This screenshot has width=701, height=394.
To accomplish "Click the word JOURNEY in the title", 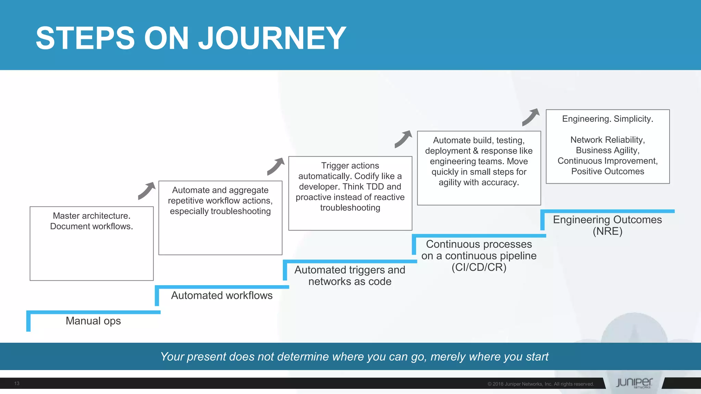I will [272, 38].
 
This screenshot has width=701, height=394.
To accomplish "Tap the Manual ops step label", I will [93, 321].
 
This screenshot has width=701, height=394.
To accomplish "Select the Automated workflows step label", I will [221, 295].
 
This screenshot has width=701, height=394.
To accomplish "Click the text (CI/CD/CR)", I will [479, 267].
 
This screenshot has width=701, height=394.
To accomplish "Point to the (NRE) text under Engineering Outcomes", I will [607, 231].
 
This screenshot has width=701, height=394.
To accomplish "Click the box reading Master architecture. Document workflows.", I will [91, 243].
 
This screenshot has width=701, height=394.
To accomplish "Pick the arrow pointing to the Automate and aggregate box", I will [146, 191].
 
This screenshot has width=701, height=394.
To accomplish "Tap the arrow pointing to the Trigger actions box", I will [276, 166].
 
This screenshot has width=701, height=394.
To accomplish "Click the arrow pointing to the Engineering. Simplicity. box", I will [531, 117].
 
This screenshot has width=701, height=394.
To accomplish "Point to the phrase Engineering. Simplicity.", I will [608, 119].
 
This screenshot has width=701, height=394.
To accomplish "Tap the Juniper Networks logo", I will [634, 383].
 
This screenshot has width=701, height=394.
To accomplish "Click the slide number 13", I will [17, 383].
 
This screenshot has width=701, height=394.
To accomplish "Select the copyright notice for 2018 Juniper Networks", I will [540, 384].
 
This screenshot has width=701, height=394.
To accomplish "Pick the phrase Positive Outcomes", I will [608, 171].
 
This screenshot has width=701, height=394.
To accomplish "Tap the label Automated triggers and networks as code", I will [349, 275].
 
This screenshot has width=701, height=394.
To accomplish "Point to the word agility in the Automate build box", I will [449, 183].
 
